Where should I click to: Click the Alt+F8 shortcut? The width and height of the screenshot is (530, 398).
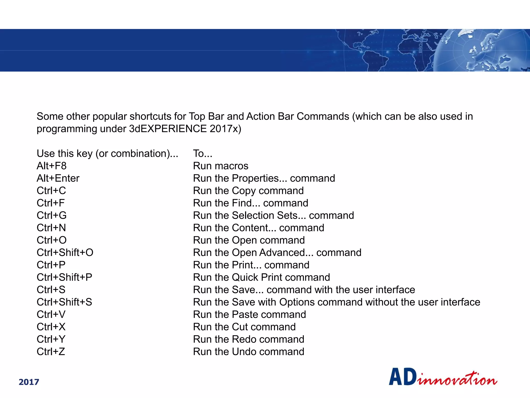51,166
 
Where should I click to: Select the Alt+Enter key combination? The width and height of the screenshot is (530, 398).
58,178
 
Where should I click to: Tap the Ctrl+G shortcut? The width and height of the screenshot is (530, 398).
51,215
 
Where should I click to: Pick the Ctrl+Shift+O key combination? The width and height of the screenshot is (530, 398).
65,252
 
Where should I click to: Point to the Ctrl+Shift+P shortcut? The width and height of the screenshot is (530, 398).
64,277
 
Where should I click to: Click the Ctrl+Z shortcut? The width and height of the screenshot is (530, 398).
51,352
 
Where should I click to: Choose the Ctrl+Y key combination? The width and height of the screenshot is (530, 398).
51,339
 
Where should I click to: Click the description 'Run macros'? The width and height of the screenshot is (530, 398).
220,166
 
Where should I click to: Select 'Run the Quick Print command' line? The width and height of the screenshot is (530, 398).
261,277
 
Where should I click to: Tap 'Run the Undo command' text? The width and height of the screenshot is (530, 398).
248,352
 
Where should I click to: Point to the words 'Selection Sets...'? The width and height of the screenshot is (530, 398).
269,215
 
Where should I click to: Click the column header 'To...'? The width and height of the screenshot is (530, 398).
203,153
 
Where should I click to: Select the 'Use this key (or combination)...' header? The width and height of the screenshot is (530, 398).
107,153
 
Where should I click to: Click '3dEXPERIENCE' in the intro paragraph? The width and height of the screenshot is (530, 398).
168,129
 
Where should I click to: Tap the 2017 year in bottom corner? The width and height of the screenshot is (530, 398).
29,382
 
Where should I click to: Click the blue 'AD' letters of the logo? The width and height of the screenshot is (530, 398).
403,377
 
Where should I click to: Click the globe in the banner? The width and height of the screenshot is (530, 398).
481,51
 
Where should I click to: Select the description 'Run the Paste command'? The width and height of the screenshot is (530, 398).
249,315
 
